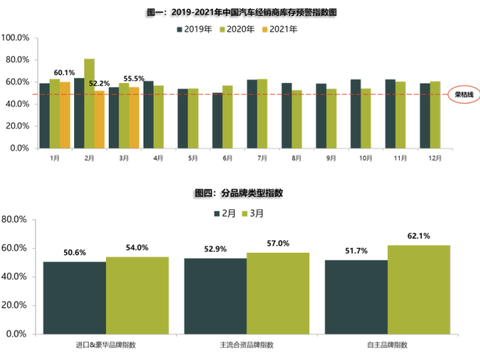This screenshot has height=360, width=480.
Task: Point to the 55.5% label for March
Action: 133,78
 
